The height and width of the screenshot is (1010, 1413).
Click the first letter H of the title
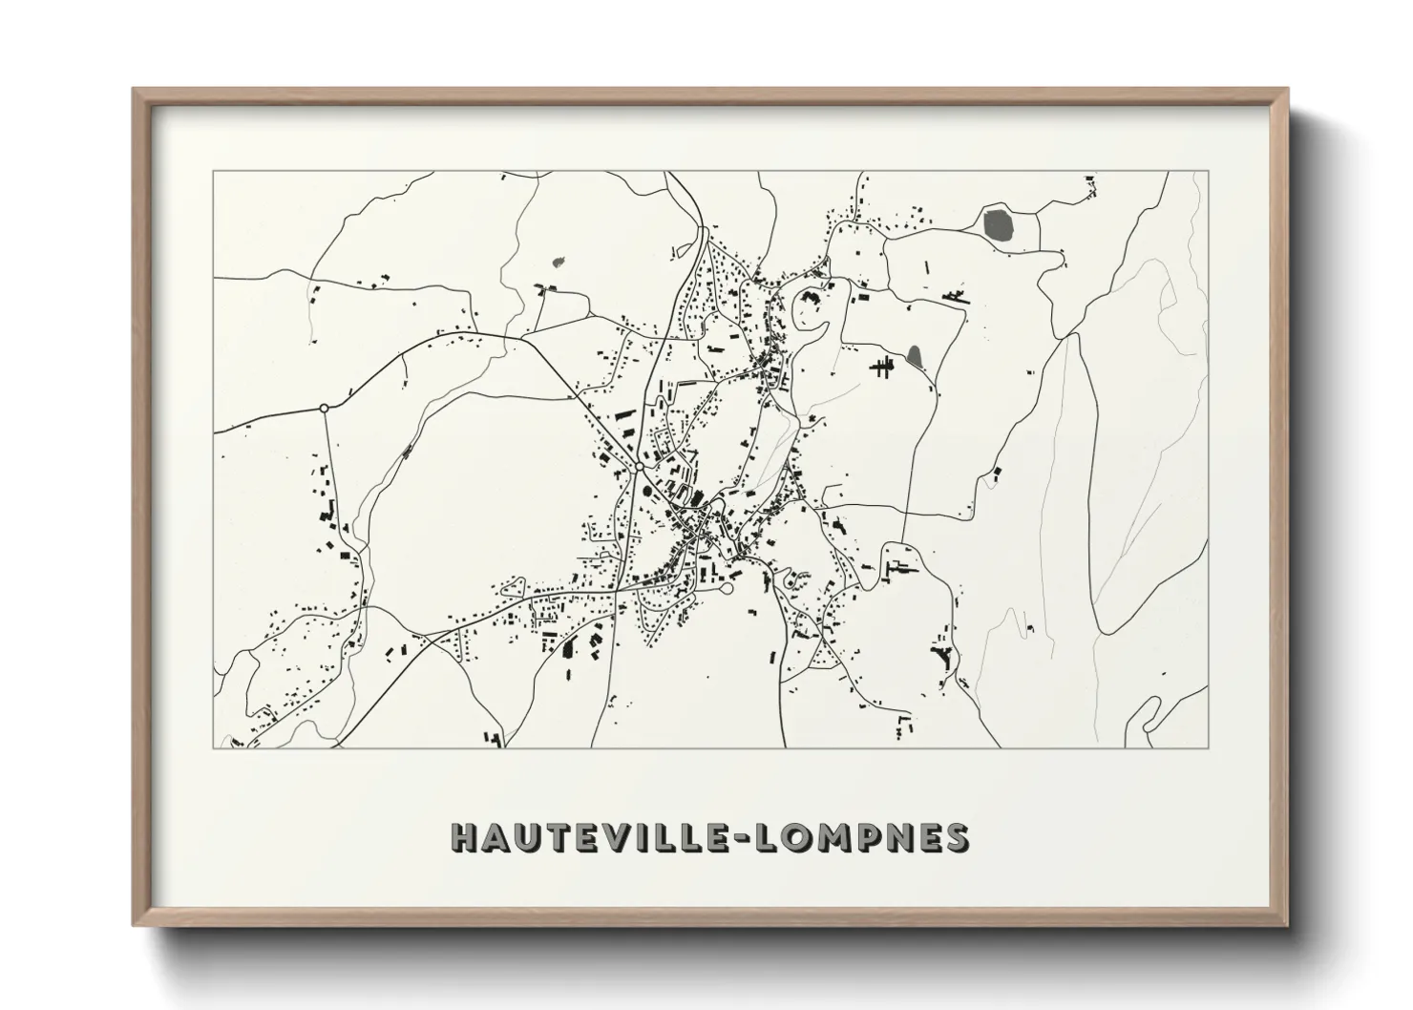[466, 837]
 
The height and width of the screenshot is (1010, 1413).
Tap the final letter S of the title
[956, 837]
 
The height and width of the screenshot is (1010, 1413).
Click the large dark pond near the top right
[997, 224]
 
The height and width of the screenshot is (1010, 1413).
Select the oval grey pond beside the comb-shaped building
[915, 357]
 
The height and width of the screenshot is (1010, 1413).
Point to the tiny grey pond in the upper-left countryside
[559, 259]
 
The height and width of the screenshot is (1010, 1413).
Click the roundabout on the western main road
[324, 409]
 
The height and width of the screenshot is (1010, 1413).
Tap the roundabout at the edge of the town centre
[636, 468]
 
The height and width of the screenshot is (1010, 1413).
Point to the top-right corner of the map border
[1209, 171]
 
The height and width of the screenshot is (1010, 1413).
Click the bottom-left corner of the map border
[213, 747]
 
